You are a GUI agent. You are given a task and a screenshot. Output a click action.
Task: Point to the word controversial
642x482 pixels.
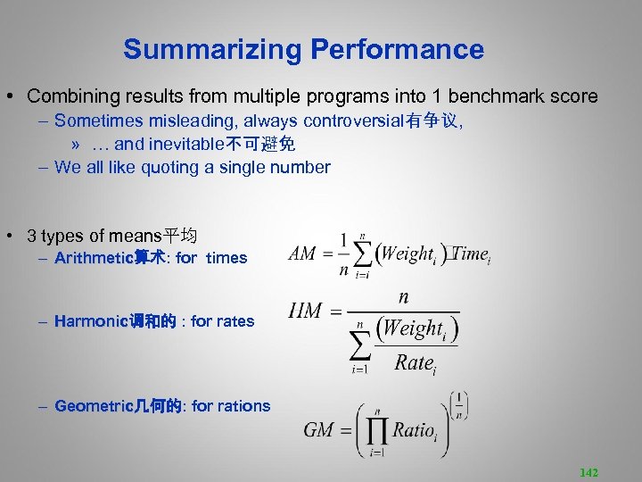[360, 120]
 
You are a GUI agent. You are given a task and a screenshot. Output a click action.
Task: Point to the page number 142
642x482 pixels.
[588, 472]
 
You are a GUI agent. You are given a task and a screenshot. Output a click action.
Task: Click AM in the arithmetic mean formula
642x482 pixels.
[302, 253]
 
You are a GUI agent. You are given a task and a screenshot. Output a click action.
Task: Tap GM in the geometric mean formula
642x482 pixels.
[318, 429]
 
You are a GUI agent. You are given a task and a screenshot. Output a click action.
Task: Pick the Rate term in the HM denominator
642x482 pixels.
[415, 362]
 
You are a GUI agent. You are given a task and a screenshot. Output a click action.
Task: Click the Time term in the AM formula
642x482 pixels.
[470, 253]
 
